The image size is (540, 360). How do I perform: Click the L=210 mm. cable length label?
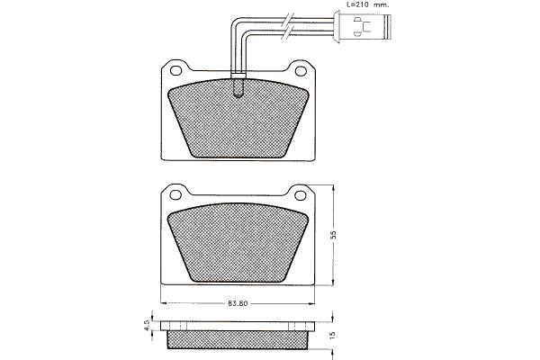[367, 4]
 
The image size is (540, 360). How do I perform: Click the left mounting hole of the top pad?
[176, 70]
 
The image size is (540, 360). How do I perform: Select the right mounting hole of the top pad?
[301, 71]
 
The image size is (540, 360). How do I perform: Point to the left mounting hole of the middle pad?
[175, 195]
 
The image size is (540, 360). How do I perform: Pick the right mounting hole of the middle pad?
[301, 195]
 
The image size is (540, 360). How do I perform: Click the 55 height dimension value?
[333, 235]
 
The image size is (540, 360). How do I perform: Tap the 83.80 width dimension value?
[238, 303]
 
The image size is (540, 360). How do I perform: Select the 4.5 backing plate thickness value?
[147, 326]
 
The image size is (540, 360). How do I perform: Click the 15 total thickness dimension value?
[332, 335]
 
